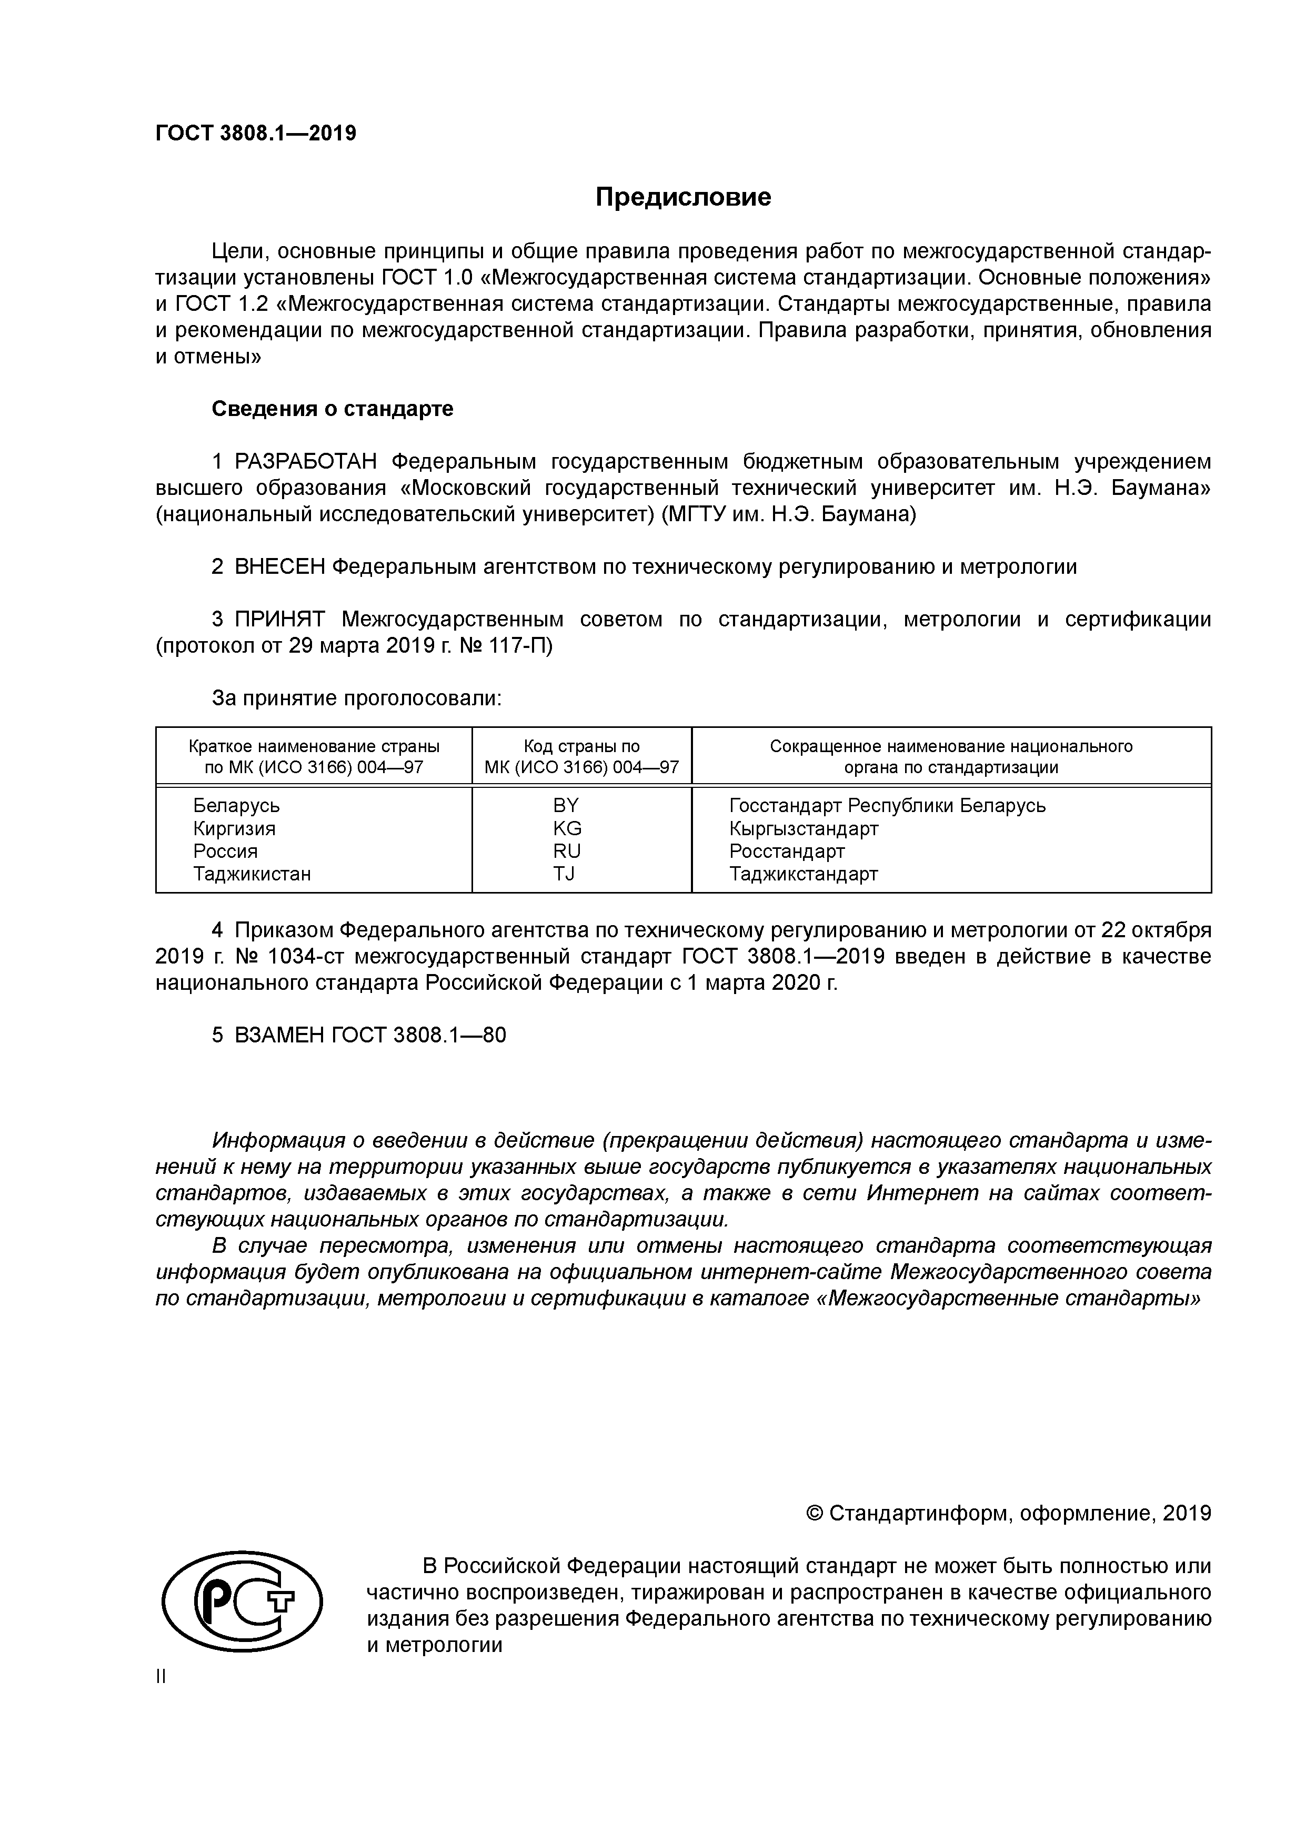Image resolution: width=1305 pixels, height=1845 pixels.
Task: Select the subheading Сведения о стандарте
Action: [x=332, y=409]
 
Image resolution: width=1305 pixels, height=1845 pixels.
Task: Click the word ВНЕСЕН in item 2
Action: [x=280, y=567]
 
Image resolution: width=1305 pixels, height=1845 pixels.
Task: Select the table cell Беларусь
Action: [x=236, y=805]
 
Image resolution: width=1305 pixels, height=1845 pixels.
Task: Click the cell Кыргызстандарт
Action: [x=804, y=828]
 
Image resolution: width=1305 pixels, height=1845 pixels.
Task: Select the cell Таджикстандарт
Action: [x=804, y=874]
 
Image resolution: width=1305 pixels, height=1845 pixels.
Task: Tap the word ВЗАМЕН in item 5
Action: [x=279, y=1036]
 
